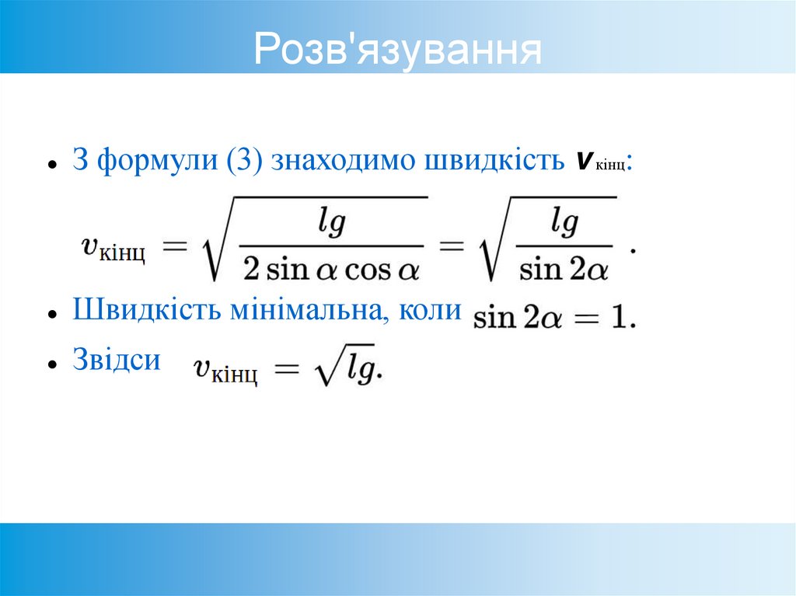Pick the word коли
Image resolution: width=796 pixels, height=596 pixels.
(x=430, y=311)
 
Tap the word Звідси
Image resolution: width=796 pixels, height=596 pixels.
(x=117, y=360)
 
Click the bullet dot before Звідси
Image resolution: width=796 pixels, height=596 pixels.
(x=51, y=364)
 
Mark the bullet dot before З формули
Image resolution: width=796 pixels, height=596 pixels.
(x=51, y=165)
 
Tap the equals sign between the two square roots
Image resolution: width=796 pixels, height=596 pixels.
(x=452, y=247)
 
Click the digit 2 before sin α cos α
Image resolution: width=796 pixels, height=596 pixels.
(x=252, y=270)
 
